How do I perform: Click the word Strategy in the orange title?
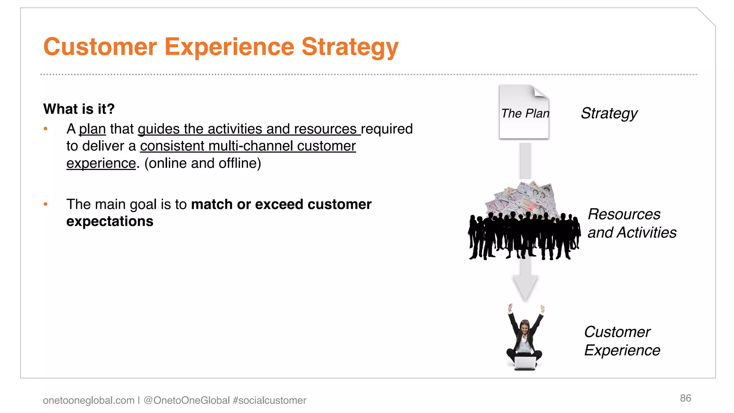point(349,47)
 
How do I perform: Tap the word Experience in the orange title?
point(229,47)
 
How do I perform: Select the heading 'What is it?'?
point(79,109)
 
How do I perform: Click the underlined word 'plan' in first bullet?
point(92,129)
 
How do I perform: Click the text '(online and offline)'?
point(202,163)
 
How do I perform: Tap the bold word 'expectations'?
point(110,222)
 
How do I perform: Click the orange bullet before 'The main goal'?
point(46,204)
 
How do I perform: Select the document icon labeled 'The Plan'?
point(524,112)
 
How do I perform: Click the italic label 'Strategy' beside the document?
point(609,113)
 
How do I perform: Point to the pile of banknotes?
point(523,199)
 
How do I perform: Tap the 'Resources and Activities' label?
point(631,223)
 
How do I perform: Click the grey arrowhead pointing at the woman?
point(525,287)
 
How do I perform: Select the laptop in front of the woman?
point(525,363)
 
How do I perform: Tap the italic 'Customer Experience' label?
point(622,341)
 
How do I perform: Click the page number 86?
point(685,398)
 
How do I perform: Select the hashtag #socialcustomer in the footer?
point(269,400)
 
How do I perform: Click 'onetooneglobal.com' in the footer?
point(89,400)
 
